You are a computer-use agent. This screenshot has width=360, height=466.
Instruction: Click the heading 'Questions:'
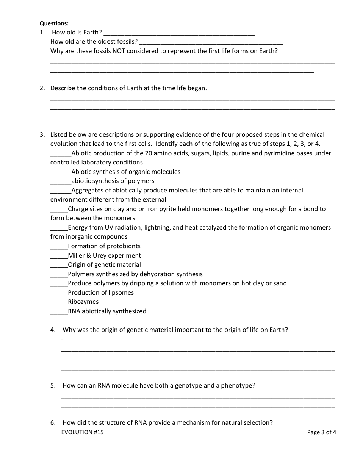54,23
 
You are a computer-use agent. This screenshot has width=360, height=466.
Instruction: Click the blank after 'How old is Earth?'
179,33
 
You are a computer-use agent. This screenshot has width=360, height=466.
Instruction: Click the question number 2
42,88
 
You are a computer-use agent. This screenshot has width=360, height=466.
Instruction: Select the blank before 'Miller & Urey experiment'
59,256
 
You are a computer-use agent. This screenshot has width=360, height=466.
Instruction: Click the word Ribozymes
83,302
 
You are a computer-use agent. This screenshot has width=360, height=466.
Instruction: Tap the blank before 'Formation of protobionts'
59,247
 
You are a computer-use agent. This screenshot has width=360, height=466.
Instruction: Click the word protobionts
124,246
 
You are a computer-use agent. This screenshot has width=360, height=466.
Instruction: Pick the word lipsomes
120,292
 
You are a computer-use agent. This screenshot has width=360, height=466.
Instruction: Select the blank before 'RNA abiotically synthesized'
59,312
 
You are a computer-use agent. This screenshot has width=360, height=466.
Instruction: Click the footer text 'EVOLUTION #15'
82,432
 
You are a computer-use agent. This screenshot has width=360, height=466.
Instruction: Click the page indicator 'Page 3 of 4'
321,432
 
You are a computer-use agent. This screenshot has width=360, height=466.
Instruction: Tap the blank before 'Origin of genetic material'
59,265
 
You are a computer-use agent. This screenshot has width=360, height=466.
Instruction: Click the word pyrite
162,209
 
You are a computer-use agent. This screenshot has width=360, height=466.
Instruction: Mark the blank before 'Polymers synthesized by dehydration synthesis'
59,275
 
